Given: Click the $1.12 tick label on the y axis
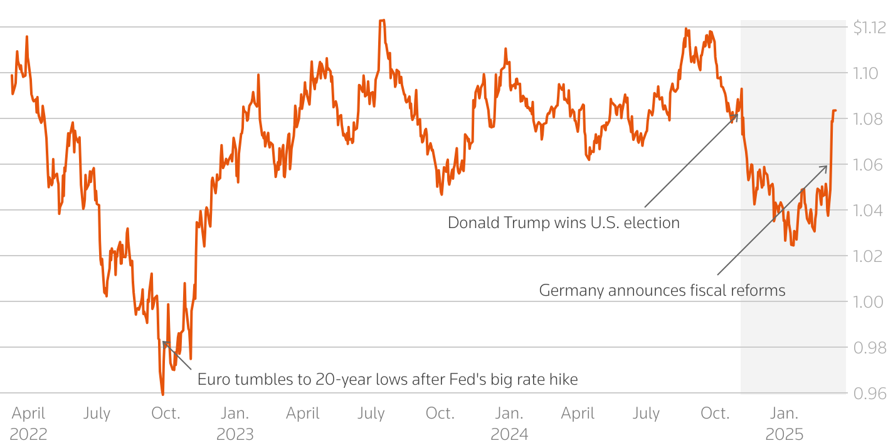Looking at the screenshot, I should [x=869, y=28].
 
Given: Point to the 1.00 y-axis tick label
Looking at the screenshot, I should [x=869, y=302].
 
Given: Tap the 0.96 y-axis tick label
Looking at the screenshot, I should [x=869, y=393].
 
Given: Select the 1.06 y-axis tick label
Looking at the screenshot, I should [x=869, y=165].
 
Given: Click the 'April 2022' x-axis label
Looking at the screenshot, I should [x=28, y=424].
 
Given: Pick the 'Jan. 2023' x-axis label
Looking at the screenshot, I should [x=235, y=424].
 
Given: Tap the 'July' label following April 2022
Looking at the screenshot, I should [x=97, y=414].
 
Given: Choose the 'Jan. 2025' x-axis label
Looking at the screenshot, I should [x=784, y=424].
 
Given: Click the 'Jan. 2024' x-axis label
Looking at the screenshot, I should [x=509, y=424].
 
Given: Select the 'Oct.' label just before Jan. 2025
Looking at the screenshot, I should [x=715, y=414].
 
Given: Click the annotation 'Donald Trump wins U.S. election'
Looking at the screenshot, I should [x=563, y=222].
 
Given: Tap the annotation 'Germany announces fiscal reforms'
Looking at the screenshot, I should [x=662, y=291].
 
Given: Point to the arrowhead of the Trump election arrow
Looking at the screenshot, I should [x=736, y=115].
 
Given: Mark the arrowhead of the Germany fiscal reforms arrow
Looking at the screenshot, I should [x=826, y=167].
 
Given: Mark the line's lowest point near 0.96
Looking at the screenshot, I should [x=162, y=394].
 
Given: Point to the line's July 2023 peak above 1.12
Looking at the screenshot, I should [x=382, y=21].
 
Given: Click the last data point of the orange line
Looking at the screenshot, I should [x=835, y=111].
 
